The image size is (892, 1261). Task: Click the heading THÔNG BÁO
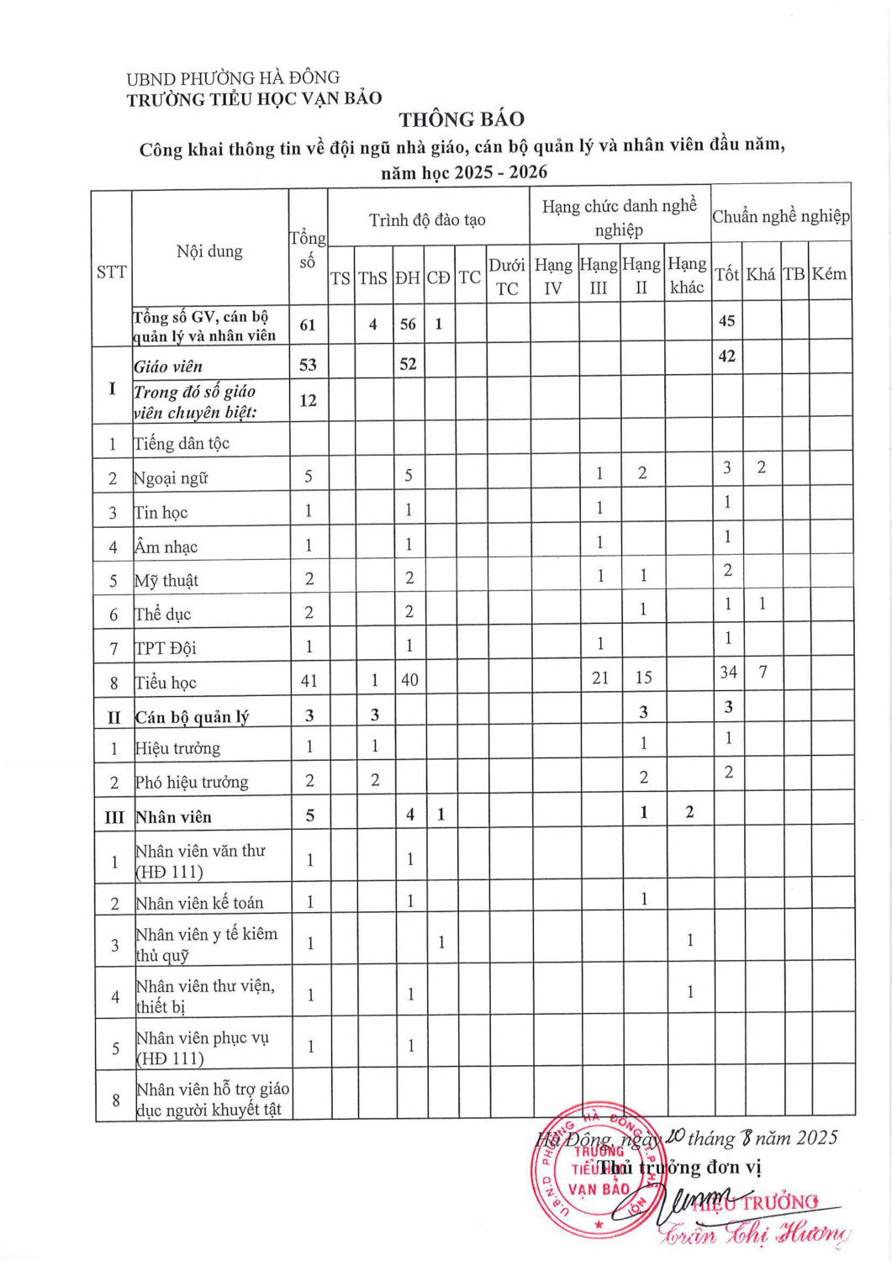click(462, 119)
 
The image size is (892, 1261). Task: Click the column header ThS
click(372, 278)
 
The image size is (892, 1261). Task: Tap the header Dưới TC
click(507, 277)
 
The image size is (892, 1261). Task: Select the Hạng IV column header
click(553, 277)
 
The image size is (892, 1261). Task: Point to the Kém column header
click(829, 274)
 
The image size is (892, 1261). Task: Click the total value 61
click(308, 324)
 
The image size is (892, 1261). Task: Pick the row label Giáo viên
click(168, 367)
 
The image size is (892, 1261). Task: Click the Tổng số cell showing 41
click(309, 681)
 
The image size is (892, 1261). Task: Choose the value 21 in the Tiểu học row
click(600, 678)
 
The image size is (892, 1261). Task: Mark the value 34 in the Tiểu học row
click(728, 673)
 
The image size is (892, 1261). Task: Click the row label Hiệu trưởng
click(177, 748)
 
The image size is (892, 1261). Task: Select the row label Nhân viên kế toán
click(199, 903)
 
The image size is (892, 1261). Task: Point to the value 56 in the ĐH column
click(408, 324)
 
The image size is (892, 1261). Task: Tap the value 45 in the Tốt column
click(727, 321)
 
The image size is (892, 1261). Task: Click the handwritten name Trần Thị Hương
click(753, 1234)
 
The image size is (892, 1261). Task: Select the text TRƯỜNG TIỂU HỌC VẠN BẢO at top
click(254, 99)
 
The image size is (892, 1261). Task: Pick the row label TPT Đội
click(166, 648)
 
